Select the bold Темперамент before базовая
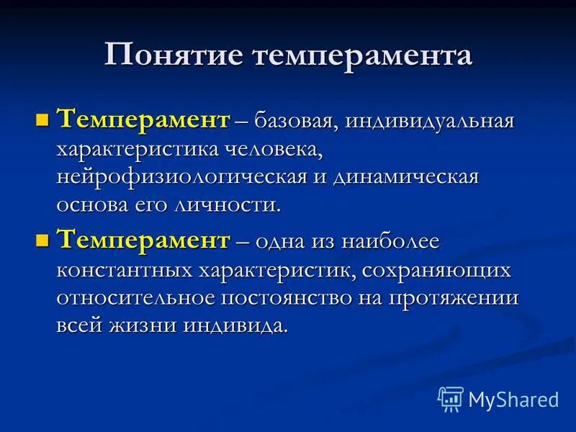pos(143,118)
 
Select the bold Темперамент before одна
pos(143,240)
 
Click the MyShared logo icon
pos(451,398)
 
